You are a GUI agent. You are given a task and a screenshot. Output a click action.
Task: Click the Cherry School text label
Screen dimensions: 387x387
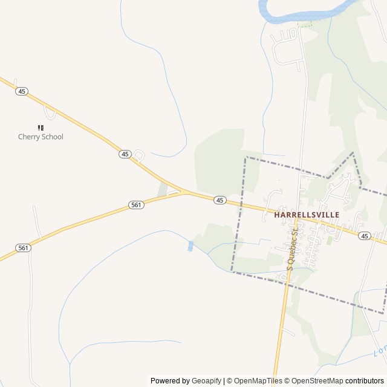(x=41, y=137)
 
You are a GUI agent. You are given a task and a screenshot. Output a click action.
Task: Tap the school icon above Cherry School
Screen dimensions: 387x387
(x=41, y=128)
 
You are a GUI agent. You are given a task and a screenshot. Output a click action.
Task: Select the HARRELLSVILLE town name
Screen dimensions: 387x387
(x=307, y=214)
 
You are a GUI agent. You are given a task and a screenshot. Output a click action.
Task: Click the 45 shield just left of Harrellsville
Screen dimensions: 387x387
(x=220, y=200)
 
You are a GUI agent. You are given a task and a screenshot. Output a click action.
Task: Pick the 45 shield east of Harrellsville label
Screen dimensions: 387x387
(x=364, y=235)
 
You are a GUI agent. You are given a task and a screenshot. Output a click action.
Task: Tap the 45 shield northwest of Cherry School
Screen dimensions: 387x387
(x=22, y=91)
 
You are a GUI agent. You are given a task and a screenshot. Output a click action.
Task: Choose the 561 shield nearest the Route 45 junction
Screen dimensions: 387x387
(x=136, y=205)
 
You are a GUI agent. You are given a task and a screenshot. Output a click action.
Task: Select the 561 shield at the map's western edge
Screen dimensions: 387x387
(x=23, y=247)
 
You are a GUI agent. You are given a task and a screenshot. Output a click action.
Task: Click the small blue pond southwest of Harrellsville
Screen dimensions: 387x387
(x=191, y=246)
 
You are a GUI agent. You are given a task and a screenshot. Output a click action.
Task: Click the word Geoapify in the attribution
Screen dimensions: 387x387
(x=206, y=381)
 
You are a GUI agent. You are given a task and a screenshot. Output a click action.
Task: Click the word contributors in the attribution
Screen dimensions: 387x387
(x=365, y=381)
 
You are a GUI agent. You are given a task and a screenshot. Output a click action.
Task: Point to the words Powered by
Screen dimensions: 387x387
(x=170, y=381)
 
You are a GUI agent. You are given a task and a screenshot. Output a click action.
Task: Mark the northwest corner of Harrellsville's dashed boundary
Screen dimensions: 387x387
(x=246, y=158)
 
